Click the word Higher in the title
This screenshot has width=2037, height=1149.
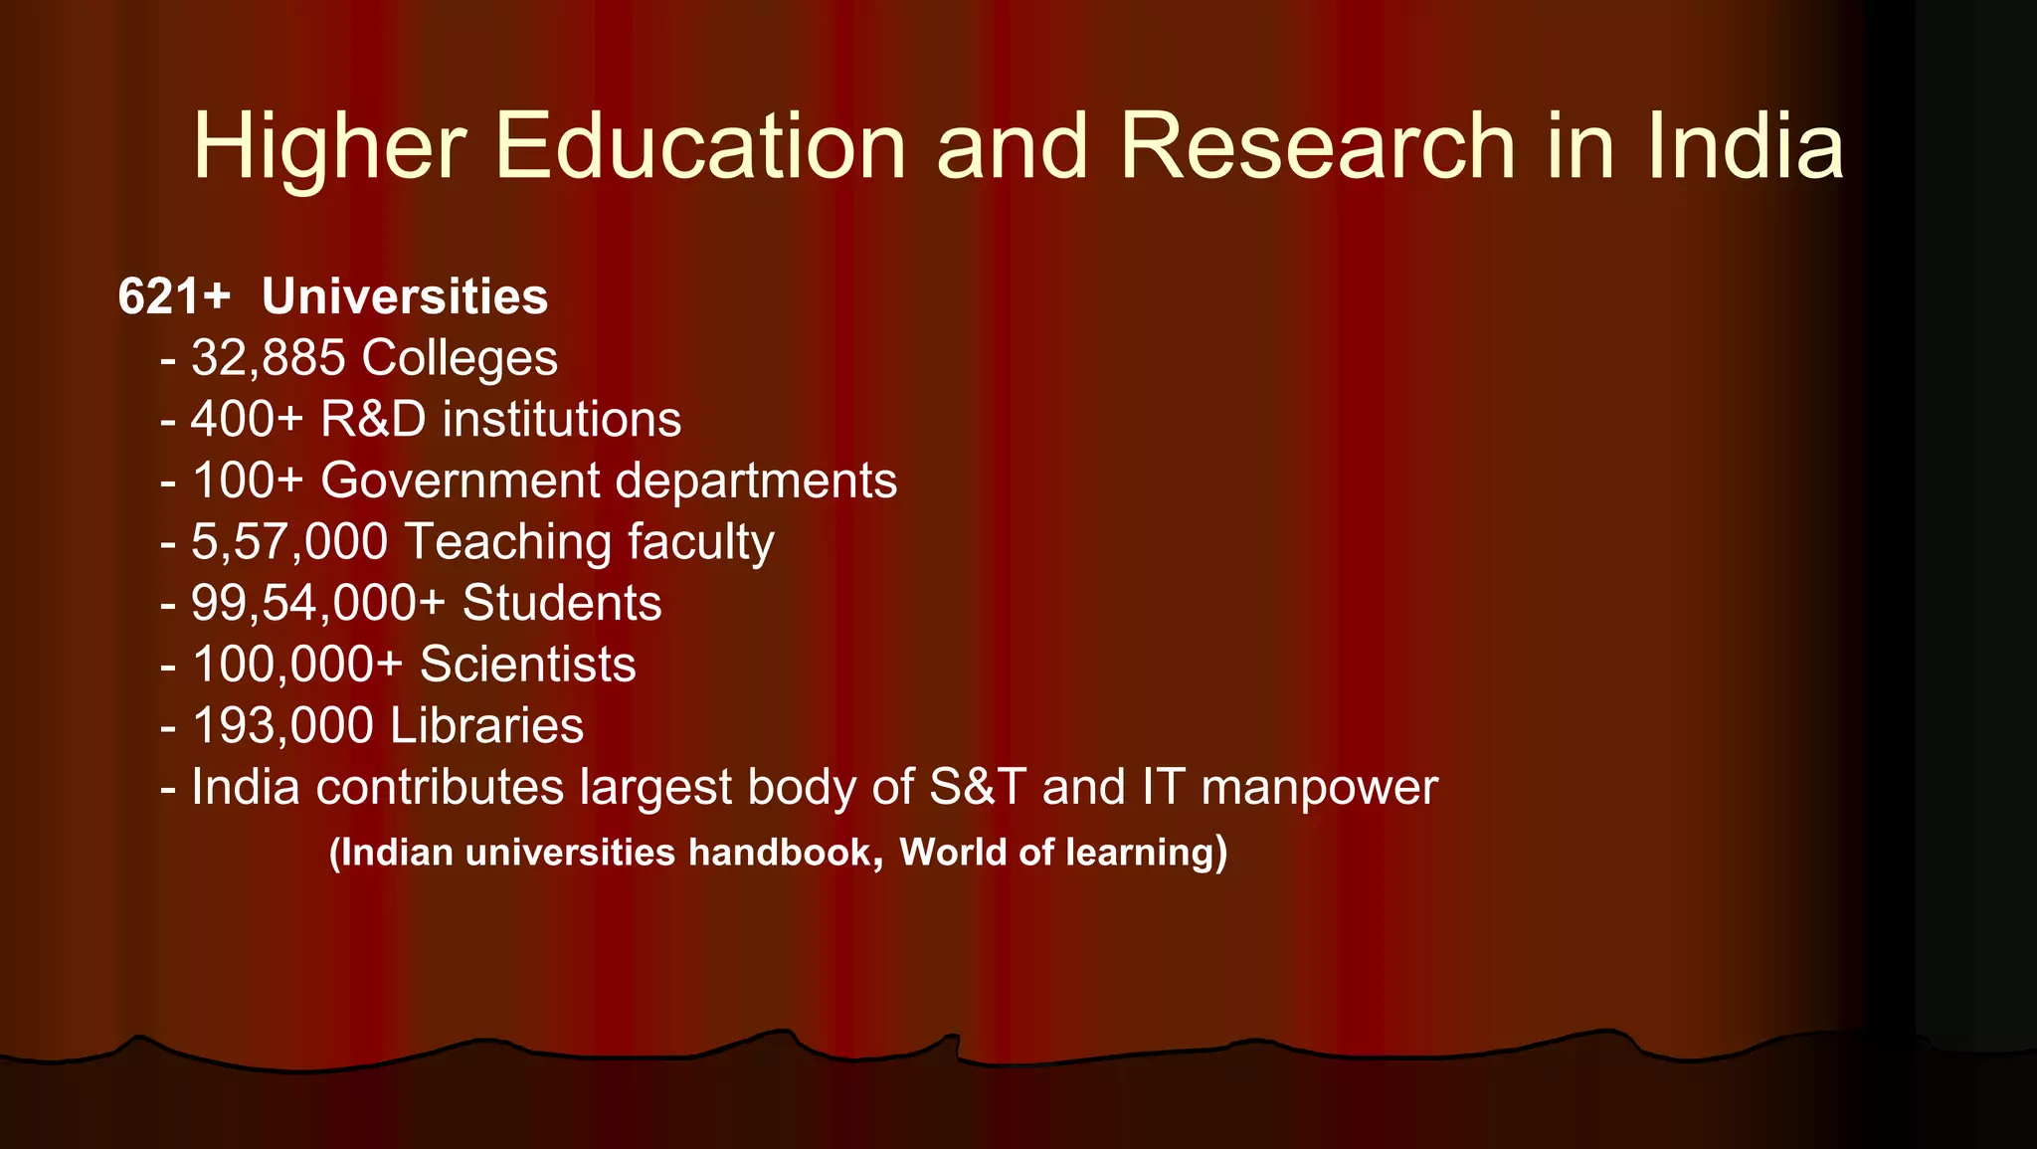[x=329, y=146]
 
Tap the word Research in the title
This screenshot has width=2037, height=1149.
[x=1318, y=146]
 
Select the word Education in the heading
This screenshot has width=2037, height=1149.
[x=700, y=146]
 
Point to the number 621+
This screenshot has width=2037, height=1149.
[x=174, y=296]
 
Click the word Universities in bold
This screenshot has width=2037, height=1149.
[x=405, y=296]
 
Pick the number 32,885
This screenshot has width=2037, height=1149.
[x=269, y=358]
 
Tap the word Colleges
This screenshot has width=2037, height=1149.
[x=460, y=358]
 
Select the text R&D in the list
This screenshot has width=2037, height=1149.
[x=373, y=419]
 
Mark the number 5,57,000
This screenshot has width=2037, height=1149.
[x=289, y=542]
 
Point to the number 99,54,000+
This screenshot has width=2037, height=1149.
[x=318, y=603]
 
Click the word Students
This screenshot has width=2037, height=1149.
[x=562, y=603]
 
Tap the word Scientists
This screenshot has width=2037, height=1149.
[x=527, y=665]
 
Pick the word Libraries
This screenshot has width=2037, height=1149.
[x=486, y=725]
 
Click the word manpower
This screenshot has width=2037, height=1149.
[x=1319, y=788]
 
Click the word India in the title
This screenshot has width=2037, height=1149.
[x=1746, y=146]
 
